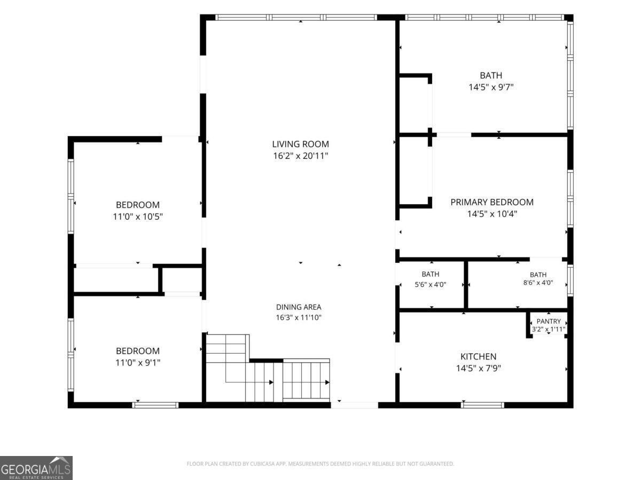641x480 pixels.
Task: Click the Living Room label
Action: pos(300,144)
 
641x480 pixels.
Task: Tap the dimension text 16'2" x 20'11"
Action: pos(301,156)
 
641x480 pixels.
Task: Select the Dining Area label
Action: pos(299,307)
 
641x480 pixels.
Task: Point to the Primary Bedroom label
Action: pos(492,202)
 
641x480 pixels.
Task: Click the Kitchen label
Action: pos(478,356)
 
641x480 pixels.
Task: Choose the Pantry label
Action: pos(549,321)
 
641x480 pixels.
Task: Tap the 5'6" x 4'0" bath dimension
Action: pos(430,284)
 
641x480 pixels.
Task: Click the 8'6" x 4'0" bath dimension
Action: pos(538,283)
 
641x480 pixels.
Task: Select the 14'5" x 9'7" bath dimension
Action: pos(491,87)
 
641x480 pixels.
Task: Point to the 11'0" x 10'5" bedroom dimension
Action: pos(137,217)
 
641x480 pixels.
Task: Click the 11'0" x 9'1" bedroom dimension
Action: pos(137,363)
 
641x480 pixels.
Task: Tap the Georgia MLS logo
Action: pos(36,468)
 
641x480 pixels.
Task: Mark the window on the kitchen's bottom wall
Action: pos(483,405)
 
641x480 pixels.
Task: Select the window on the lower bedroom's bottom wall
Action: pos(155,405)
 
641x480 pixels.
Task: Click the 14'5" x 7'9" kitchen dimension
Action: pos(478,369)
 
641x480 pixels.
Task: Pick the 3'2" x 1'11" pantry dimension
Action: pos(549,329)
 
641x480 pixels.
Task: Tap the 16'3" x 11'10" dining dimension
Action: pos(299,317)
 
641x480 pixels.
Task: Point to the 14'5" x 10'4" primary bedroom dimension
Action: pos(492,214)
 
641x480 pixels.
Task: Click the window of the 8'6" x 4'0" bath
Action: pos(570,280)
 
